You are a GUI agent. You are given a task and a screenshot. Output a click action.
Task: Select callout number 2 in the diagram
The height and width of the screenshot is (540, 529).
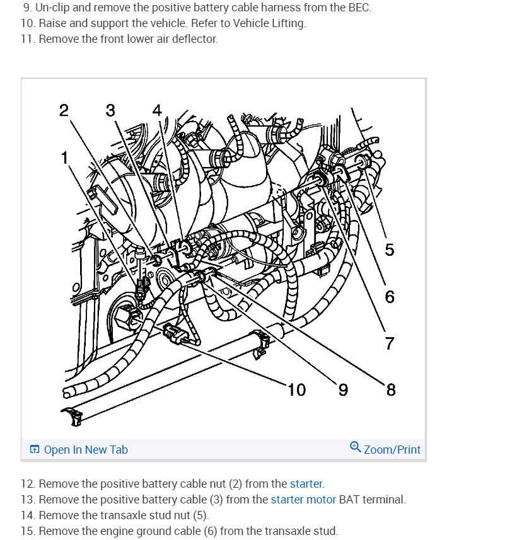64,111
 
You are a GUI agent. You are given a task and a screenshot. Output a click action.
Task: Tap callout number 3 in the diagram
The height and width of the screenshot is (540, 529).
110,111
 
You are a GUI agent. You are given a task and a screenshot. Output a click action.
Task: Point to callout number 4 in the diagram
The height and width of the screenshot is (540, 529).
156,110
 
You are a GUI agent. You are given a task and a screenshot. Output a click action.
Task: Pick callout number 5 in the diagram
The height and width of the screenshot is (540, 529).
389,250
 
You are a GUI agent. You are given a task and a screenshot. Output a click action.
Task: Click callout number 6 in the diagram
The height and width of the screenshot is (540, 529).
389,296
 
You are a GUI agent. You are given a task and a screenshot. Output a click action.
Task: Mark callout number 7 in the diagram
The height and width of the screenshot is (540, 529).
389,343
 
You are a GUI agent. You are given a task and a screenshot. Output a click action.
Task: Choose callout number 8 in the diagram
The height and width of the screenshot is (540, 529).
390,390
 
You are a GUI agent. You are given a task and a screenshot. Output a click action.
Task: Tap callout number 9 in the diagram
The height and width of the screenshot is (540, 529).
343,390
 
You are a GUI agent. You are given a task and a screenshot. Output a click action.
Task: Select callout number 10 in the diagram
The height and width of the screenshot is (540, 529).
296,390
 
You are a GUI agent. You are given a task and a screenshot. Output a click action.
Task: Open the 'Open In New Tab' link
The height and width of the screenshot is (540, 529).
86,449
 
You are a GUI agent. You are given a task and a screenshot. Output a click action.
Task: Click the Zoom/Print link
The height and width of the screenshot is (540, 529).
392,449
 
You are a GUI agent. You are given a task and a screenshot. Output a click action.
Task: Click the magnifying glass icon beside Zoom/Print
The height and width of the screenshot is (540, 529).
355,447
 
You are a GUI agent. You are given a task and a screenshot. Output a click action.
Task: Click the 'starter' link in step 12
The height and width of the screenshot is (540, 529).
306,484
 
